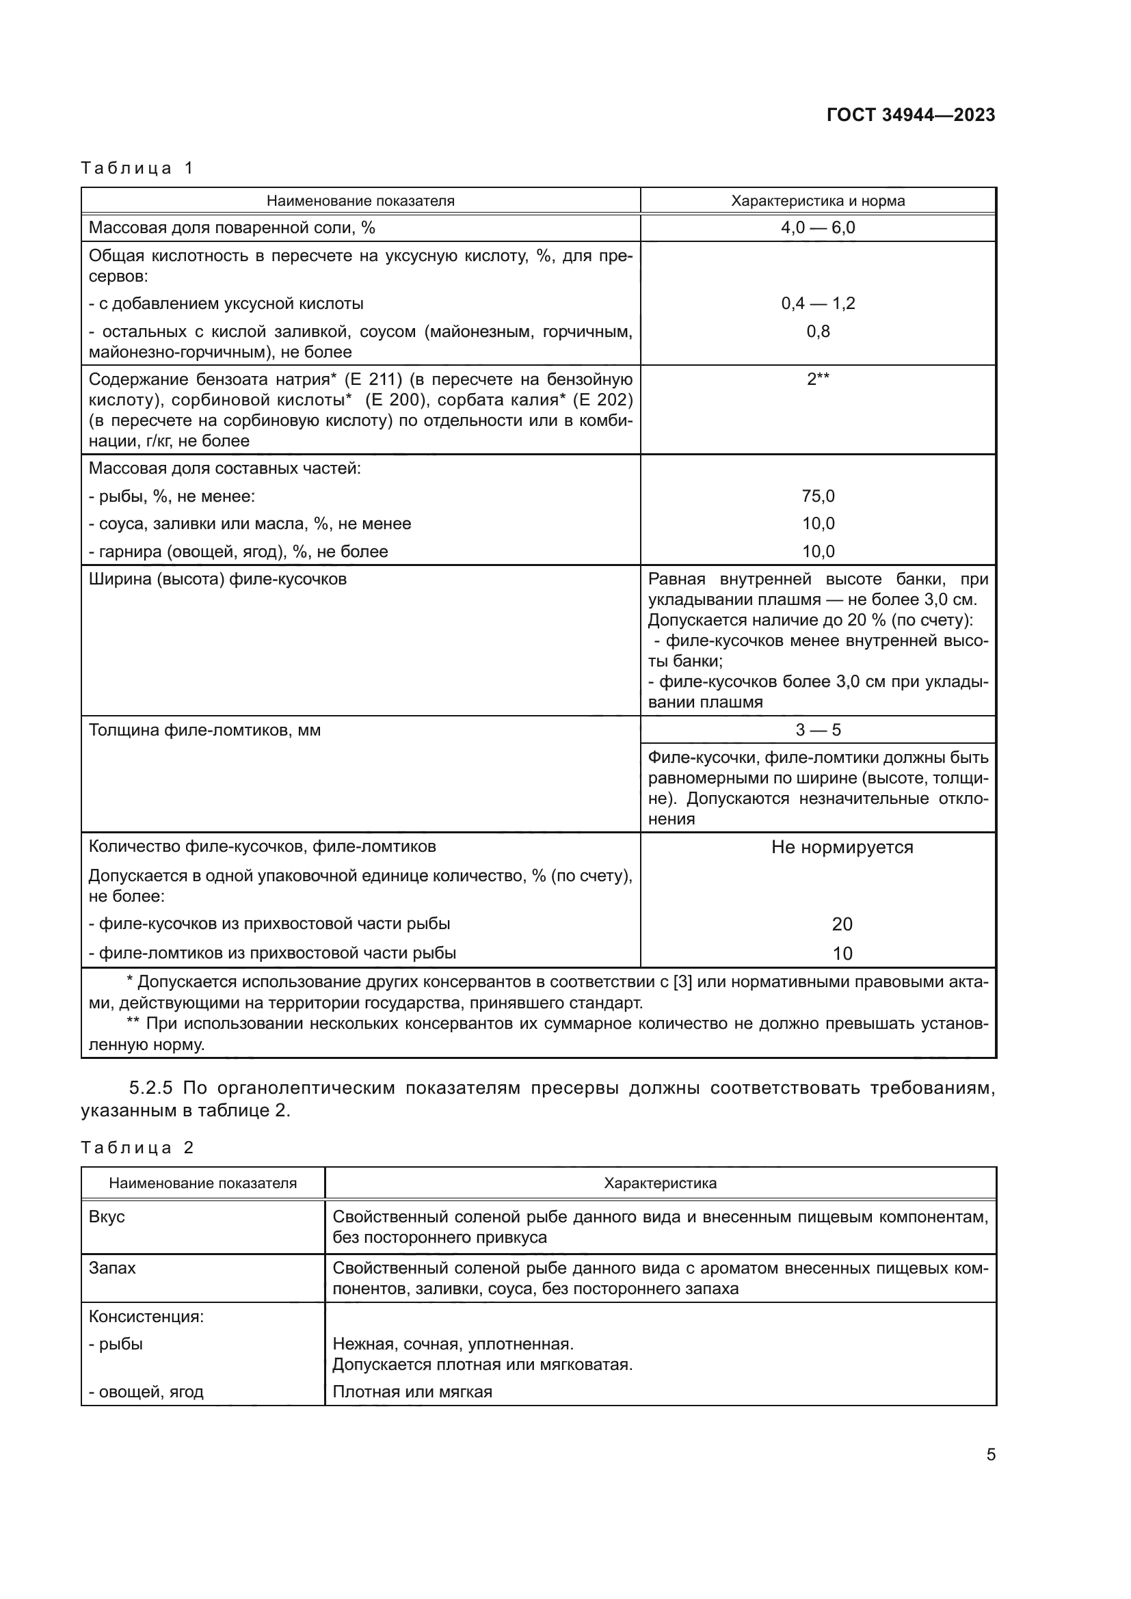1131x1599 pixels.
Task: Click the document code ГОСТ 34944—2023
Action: coord(910,115)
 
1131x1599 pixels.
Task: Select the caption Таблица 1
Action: coord(137,168)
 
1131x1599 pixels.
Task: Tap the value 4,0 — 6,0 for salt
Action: coord(818,228)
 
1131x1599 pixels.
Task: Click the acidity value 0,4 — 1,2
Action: coord(818,304)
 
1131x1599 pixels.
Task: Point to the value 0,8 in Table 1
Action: coord(818,332)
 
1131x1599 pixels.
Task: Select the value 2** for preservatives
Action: coord(818,379)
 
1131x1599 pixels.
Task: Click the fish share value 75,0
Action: coord(818,496)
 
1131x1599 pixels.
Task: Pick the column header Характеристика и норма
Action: coord(818,201)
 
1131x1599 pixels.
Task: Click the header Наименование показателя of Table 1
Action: coord(360,201)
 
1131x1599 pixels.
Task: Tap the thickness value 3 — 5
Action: coord(818,730)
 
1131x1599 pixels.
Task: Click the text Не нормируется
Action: coord(841,848)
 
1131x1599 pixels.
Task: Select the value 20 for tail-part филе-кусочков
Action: coord(841,924)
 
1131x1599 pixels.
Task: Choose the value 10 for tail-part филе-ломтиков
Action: coord(841,954)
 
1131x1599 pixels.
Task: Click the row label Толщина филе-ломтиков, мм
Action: coord(204,731)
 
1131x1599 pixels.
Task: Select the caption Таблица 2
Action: coord(137,1148)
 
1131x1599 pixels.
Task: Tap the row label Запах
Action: coord(112,1267)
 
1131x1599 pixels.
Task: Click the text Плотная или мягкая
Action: coord(412,1392)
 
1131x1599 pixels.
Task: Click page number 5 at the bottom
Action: coord(990,1454)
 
